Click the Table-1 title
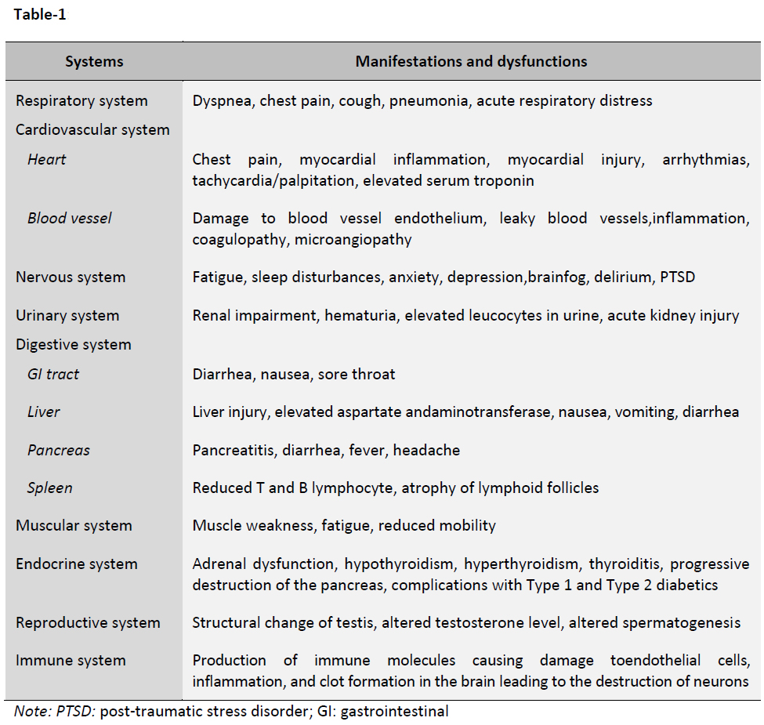click(39, 15)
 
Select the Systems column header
click(94, 61)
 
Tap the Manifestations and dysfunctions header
click(471, 61)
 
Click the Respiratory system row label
click(81, 101)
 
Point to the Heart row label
click(47, 159)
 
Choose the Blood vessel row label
click(70, 218)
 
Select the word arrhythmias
click(706, 159)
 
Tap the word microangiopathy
click(353, 240)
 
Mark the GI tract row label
click(53, 374)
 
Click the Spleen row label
click(50, 488)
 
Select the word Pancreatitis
click(232, 450)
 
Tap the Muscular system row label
click(74, 525)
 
